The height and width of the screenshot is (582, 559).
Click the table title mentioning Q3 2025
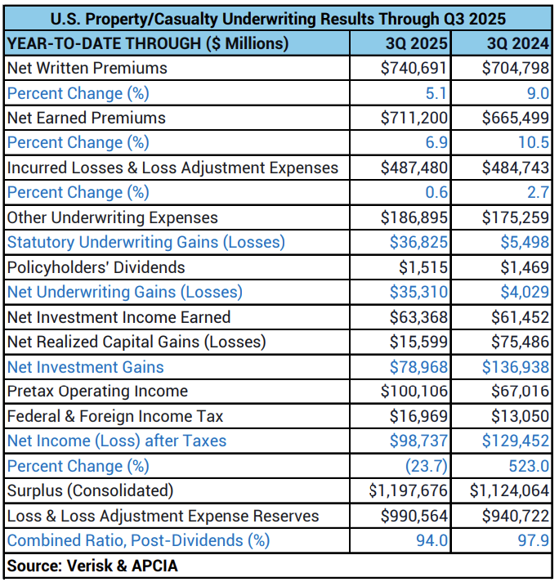(x=278, y=18)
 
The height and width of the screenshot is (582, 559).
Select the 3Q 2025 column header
(x=416, y=43)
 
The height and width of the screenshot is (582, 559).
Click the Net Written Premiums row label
(x=87, y=69)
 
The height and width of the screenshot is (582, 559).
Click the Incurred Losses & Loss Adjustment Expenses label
(x=172, y=168)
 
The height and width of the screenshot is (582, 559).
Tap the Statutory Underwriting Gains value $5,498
(x=525, y=243)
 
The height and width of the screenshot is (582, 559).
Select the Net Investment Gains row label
(x=85, y=367)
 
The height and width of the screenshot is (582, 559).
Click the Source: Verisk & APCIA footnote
(x=92, y=566)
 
